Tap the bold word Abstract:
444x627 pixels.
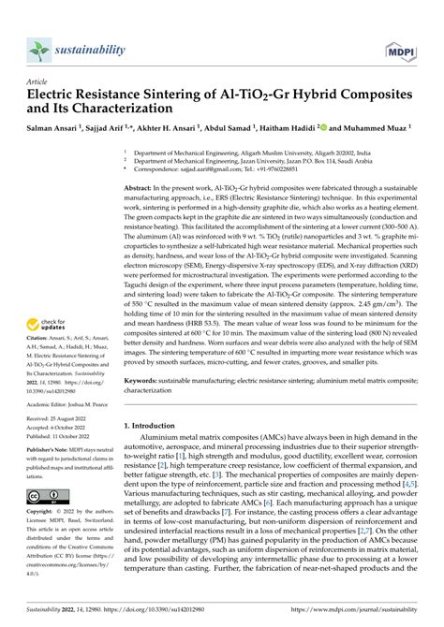coord(142,187)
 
